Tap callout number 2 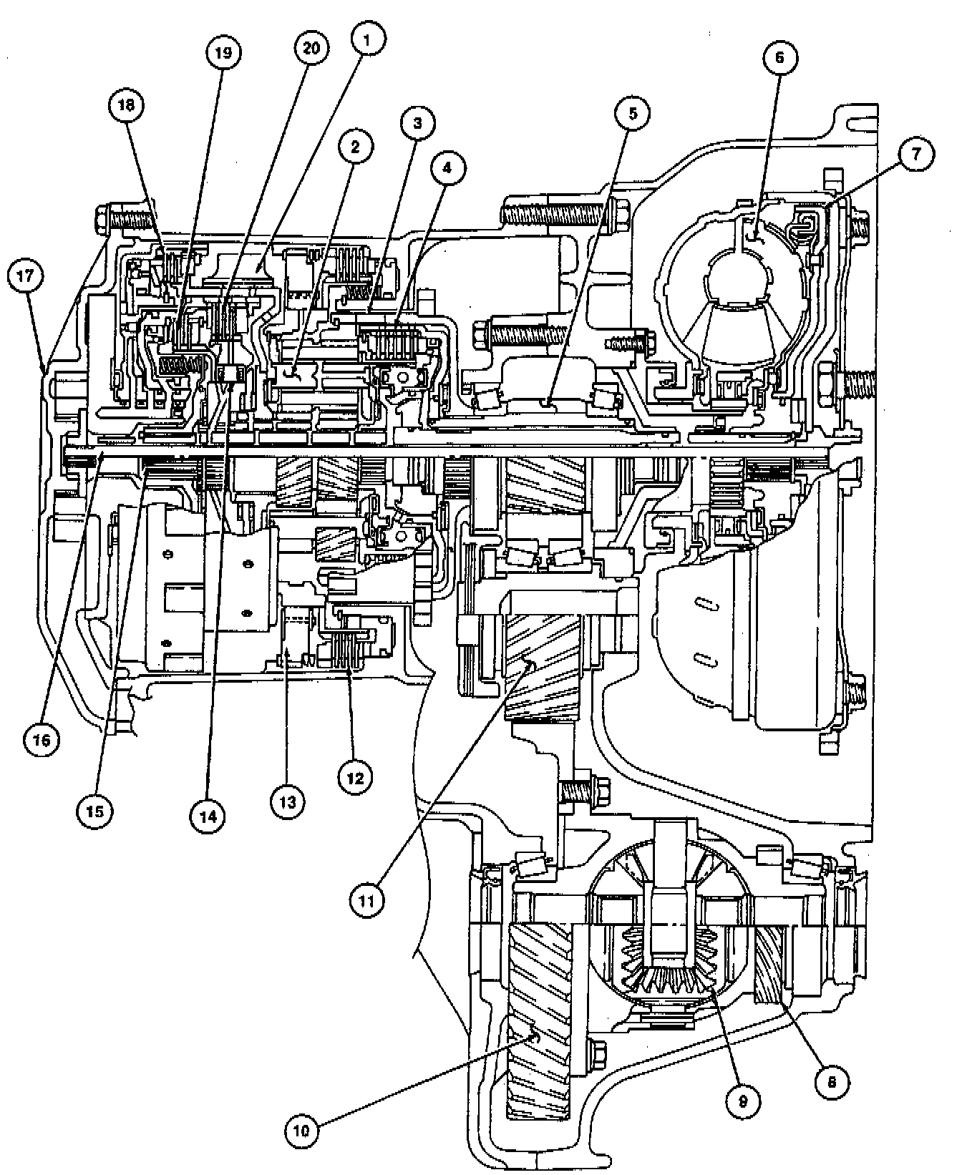click(x=354, y=147)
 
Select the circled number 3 click(x=417, y=123)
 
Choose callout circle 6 click(x=780, y=58)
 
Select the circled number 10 click(x=303, y=1131)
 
